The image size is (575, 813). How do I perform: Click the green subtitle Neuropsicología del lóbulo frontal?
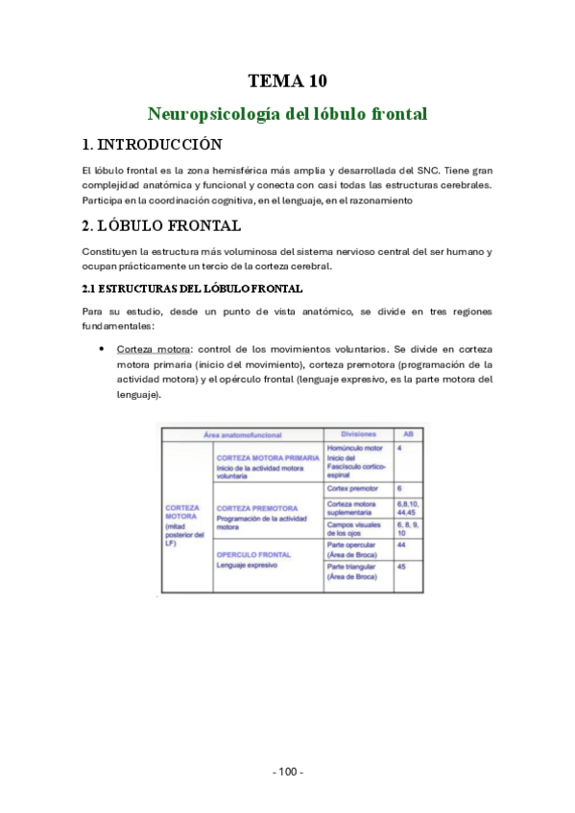pos(287,113)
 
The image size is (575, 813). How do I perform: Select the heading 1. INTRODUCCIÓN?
pos(153,145)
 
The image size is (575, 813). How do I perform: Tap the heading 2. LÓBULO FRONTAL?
pos(161,226)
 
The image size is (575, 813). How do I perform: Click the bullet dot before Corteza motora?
pos(102,351)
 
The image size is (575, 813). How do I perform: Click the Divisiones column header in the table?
pos(357,433)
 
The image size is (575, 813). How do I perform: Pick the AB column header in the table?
pos(407,433)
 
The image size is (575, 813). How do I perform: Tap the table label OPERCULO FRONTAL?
pos(254,555)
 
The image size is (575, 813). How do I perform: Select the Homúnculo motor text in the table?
pos(355,448)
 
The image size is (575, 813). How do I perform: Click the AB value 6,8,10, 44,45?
pos(407,508)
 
